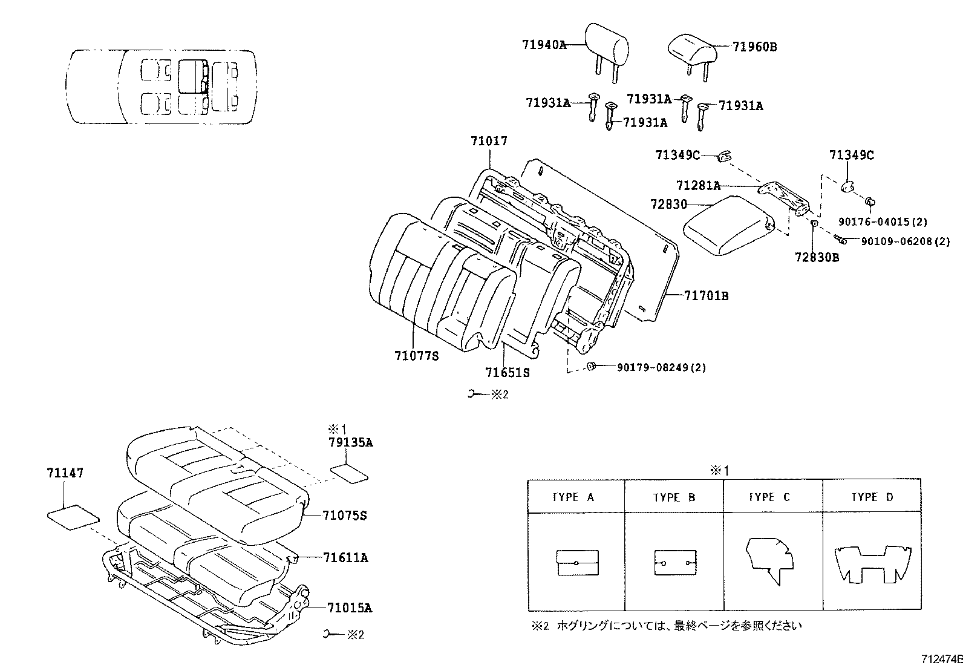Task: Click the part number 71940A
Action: pos(544,44)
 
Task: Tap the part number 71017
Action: pos(489,141)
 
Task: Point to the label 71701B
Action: pos(706,296)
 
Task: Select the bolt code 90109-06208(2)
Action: pos(906,241)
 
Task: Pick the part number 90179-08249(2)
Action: pos(661,367)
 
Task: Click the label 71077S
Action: pos(416,356)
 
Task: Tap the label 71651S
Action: pos(507,373)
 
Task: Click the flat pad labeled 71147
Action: pos(73,518)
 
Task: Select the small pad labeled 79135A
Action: pos(350,473)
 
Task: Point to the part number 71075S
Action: pos(345,516)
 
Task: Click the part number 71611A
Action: pos(345,558)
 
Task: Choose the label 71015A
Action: pos(350,608)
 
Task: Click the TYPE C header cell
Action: pos(772,497)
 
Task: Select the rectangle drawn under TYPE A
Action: pos(576,563)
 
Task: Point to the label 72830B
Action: pos(817,257)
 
